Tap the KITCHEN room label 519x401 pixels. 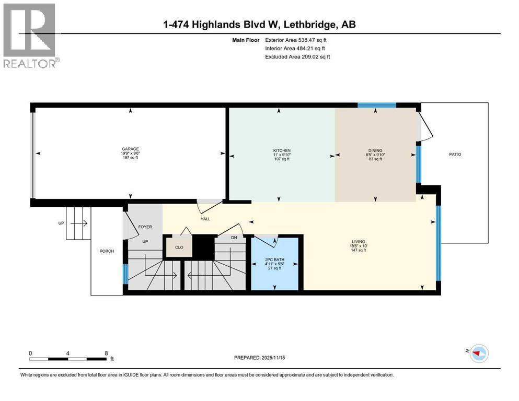(281, 150)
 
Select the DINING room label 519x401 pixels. (375, 150)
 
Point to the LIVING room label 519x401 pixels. (358, 242)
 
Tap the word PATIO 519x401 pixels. (455, 155)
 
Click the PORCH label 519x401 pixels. (107, 251)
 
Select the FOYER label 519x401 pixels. (144, 227)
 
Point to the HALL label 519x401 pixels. (205, 219)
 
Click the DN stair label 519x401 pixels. (234, 238)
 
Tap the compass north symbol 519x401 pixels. (478, 353)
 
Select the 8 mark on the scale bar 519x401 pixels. (107, 353)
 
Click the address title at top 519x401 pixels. (260, 25)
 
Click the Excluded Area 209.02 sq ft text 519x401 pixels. (297, 56)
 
